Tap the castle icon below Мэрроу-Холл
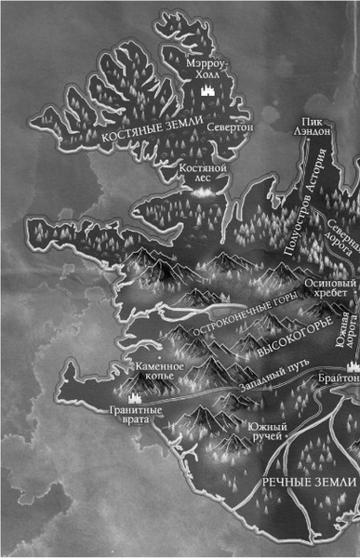[207, 91]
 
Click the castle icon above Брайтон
[352, 366]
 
